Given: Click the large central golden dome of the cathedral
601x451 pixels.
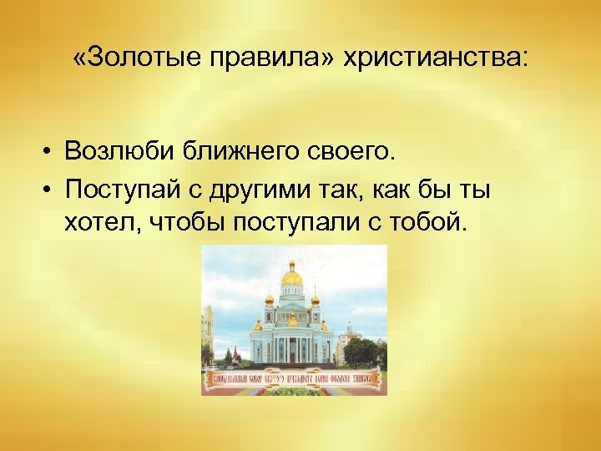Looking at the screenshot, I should [x=292, y=276].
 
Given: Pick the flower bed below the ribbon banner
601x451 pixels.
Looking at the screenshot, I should [x=294, y=390].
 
